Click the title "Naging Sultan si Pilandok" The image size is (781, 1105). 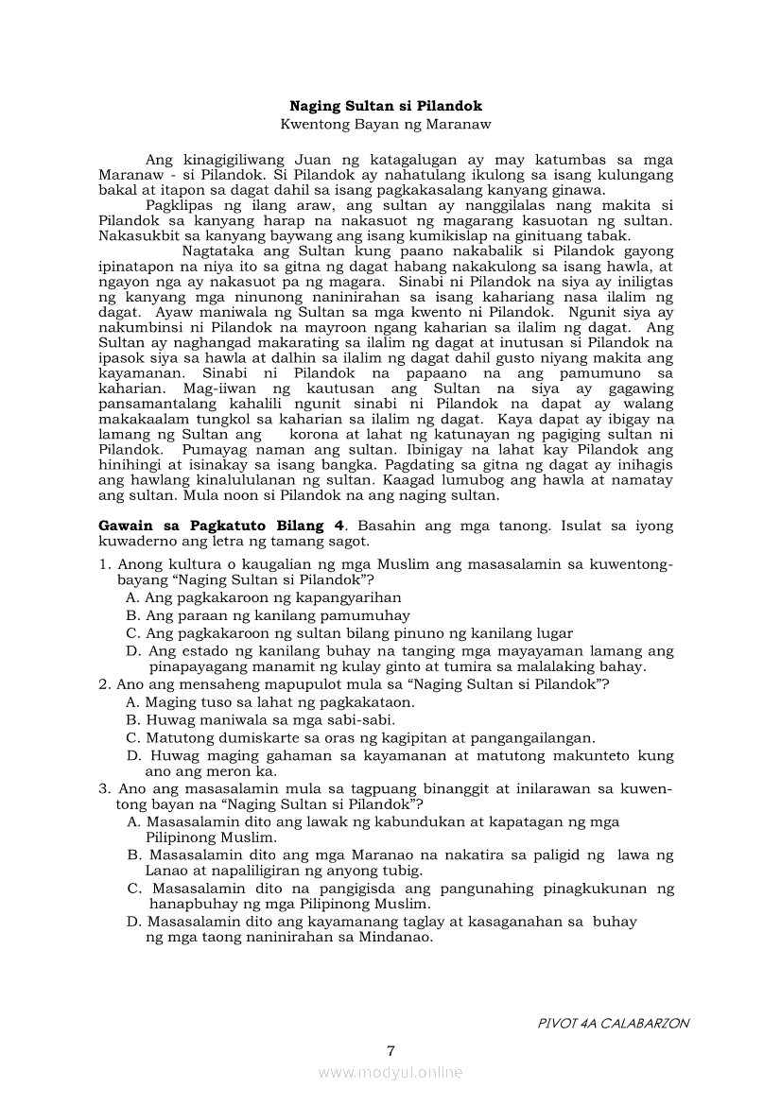(x=386, y=107)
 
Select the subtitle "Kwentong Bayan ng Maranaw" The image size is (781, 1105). (x=386, y=124)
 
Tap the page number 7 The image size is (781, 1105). (x=390, y=1051)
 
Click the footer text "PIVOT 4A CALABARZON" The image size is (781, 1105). (x=613, y=1023)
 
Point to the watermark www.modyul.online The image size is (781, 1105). (x=390, y=1072)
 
